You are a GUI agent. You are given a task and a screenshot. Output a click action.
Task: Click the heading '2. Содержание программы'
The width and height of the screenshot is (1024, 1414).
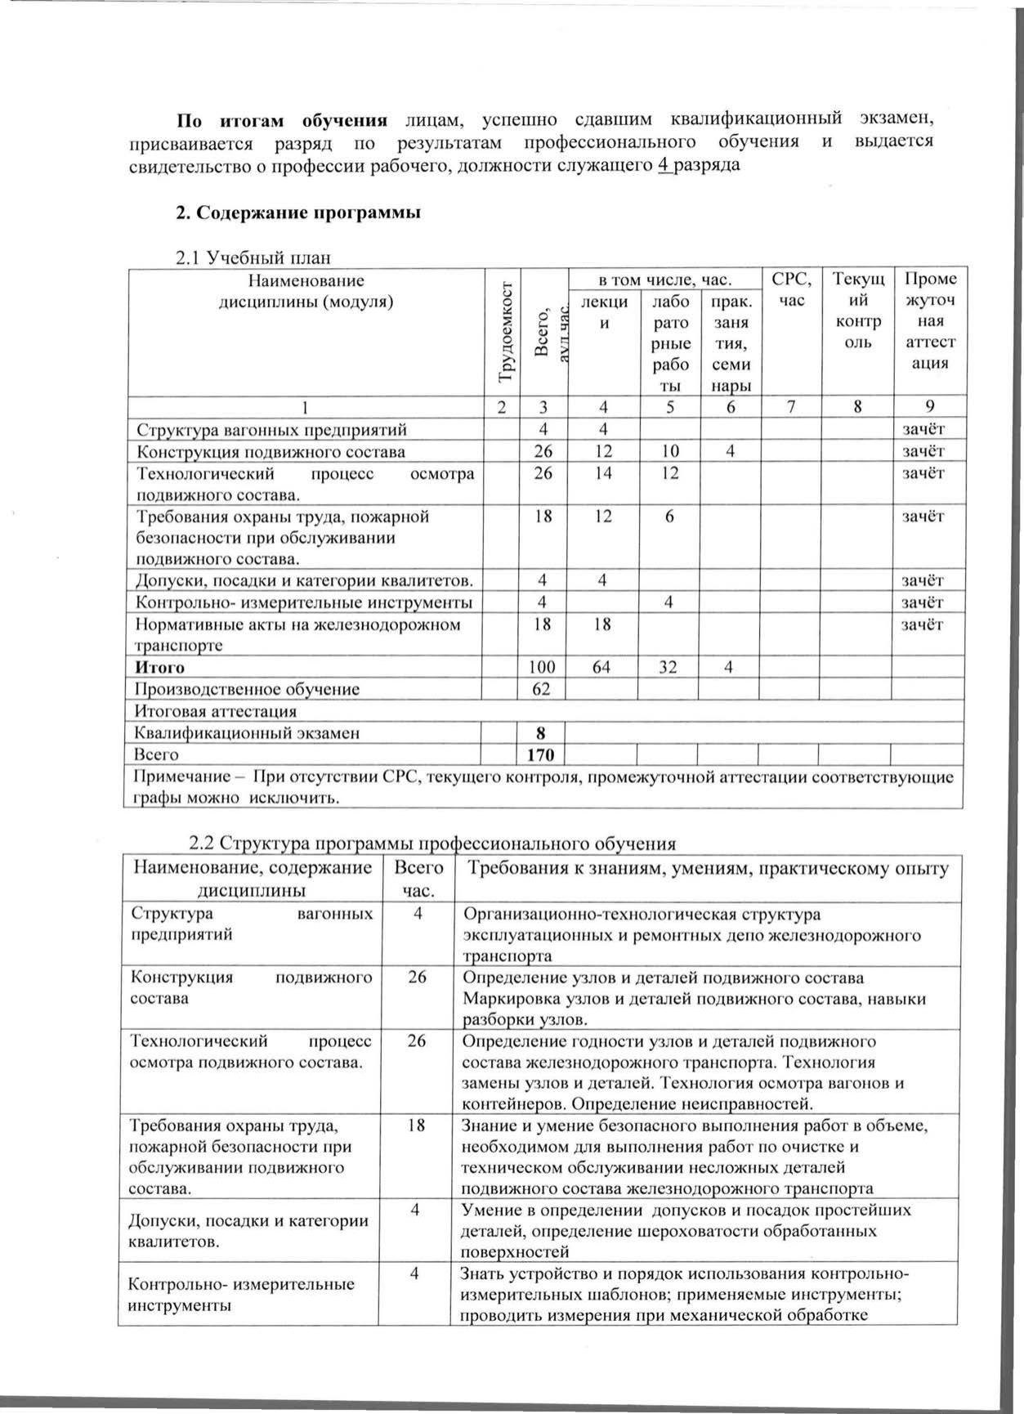[x=298, y=213]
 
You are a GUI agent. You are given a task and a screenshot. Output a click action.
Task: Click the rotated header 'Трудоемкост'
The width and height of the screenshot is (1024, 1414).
[x=506, y=331]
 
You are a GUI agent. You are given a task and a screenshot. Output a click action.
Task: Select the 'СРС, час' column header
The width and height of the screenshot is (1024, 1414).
[x=792, y=289]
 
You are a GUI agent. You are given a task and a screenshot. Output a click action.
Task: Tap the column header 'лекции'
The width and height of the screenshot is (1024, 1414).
[x=603, y=311]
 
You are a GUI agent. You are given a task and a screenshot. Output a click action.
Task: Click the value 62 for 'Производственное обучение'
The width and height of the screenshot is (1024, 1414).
[x=541, y=689]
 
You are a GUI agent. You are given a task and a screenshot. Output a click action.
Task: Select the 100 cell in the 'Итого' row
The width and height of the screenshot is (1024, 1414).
[x=541, y=668]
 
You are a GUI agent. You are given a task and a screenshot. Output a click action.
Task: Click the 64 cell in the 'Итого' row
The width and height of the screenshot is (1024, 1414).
[x=602, y=668]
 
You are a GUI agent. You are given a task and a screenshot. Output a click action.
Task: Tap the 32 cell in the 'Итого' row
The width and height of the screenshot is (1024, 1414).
[x=669, y=668]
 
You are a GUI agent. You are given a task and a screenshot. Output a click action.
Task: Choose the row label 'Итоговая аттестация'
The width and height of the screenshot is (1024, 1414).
[x=216, y=711]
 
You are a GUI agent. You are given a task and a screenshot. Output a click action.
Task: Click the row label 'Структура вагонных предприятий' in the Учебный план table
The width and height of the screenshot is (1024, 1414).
[x=271, y=430]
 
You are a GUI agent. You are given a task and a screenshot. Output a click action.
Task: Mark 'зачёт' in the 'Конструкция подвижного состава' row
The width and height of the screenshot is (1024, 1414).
[x=923, y=451]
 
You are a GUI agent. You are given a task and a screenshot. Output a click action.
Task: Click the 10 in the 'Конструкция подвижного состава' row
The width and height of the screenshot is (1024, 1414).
[x=669, y=451]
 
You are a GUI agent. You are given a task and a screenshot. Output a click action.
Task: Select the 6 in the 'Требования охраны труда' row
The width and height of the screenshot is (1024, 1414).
[x=669, y=517]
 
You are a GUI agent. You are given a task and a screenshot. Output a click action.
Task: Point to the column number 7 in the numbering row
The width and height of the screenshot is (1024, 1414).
[x=791, y=407]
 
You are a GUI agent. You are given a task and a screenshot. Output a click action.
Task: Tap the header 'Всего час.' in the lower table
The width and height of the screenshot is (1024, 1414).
[x=418, y=879]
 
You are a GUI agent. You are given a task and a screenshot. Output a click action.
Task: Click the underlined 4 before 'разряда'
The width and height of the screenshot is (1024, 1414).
[x=664, y=164]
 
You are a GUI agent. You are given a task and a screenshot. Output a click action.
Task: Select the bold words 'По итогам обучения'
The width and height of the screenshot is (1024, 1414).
[x=283, y=121]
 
